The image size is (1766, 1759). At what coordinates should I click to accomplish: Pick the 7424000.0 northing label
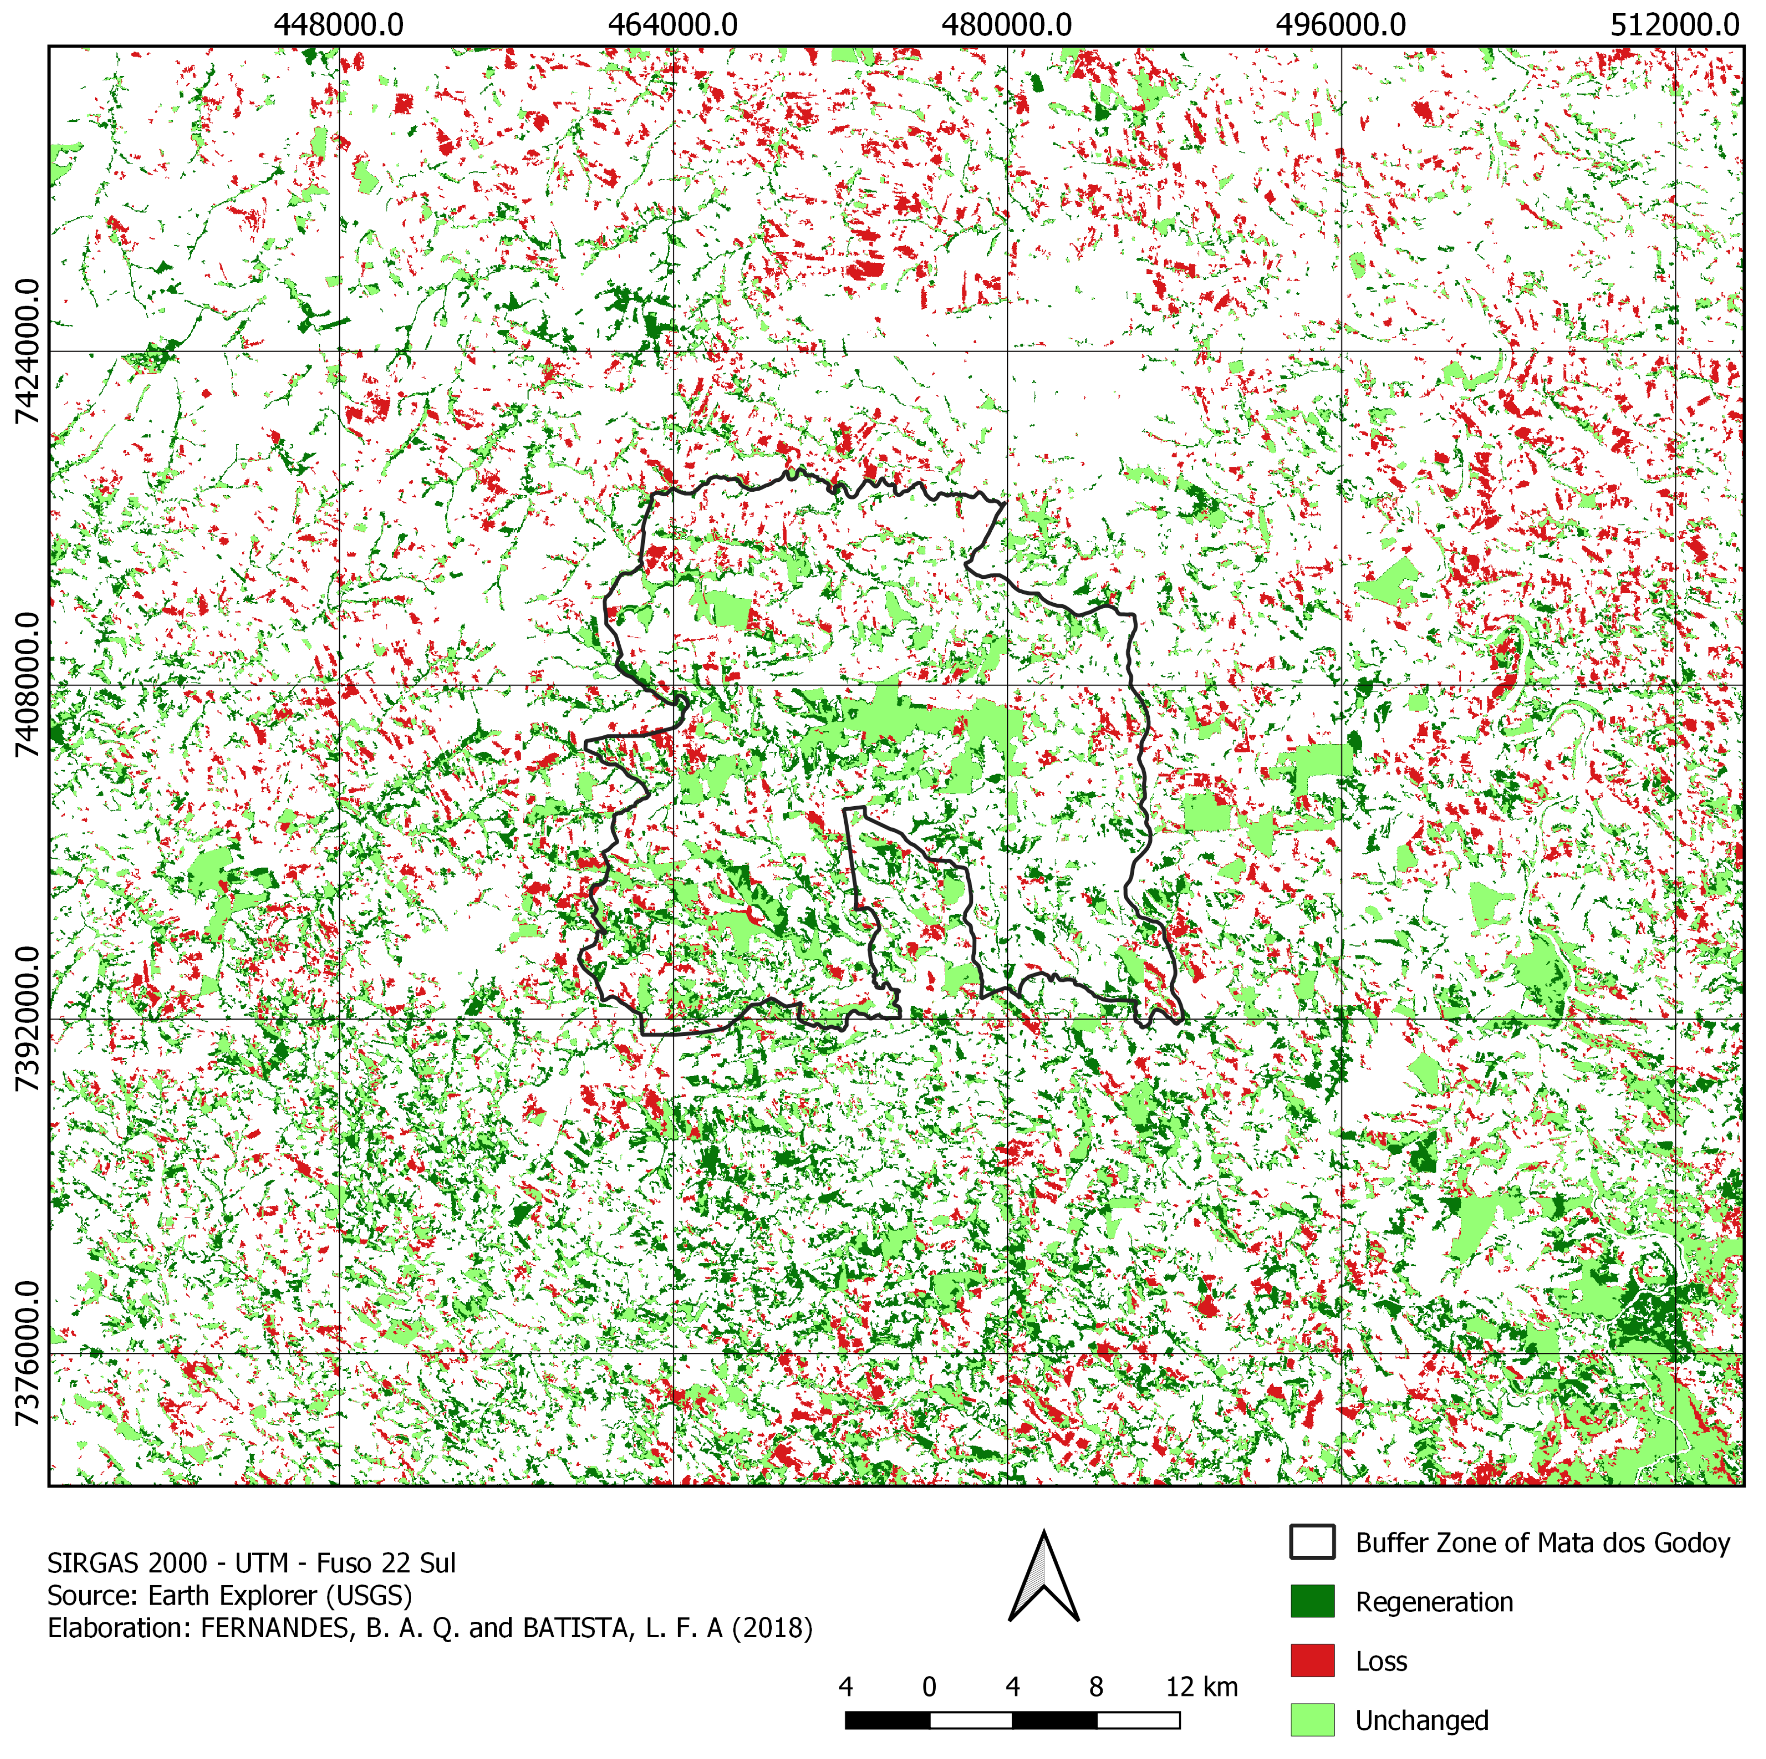point(27,352)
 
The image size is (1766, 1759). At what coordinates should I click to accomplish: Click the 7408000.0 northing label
point(27,685)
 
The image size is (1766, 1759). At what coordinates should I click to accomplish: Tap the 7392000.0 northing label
point(27,1019)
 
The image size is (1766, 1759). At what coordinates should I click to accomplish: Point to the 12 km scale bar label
point(1201,1687)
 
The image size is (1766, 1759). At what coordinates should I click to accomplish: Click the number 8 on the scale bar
point(1096,1687)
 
